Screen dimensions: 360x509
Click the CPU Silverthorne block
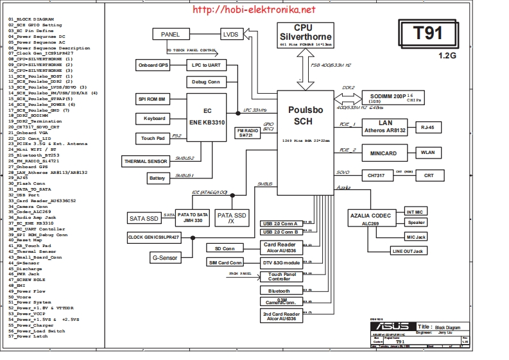point(304,35)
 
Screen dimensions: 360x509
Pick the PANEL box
point(170,34)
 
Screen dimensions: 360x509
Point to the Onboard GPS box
point(153,65)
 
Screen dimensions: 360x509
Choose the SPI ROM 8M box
point(152,99)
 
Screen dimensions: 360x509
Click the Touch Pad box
point(152,139)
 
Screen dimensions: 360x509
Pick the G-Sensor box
point(165,257)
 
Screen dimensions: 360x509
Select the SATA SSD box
point(143,219)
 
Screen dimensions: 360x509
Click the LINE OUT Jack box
point(408,251)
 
